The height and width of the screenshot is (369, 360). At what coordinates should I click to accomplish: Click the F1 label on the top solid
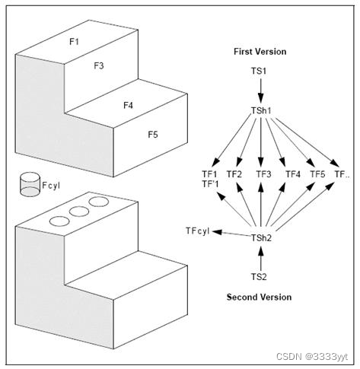(x=74, y=41)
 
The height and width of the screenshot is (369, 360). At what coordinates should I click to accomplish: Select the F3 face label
(x=99, y=66)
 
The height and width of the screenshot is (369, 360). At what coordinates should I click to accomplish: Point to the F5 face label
(x=153, y=135)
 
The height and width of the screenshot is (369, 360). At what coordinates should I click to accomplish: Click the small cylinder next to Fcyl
(x=30, y=183)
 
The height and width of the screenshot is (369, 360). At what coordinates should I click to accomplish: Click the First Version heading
(x=260, y=52)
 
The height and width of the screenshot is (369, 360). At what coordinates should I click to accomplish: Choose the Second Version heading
(x=260, y=297)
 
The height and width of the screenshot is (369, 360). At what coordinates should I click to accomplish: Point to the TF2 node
(x=234, y=174)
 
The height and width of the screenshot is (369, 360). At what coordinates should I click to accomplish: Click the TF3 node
(x=263, y=174)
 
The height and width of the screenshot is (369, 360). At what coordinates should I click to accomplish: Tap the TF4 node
(x=292, y=174)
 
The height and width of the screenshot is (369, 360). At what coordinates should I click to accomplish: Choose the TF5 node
(x=318, y=174)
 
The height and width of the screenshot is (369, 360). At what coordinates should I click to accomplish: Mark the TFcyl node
(x=197, y=231)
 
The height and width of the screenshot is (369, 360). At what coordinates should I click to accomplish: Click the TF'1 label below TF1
(x=208, y=184)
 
